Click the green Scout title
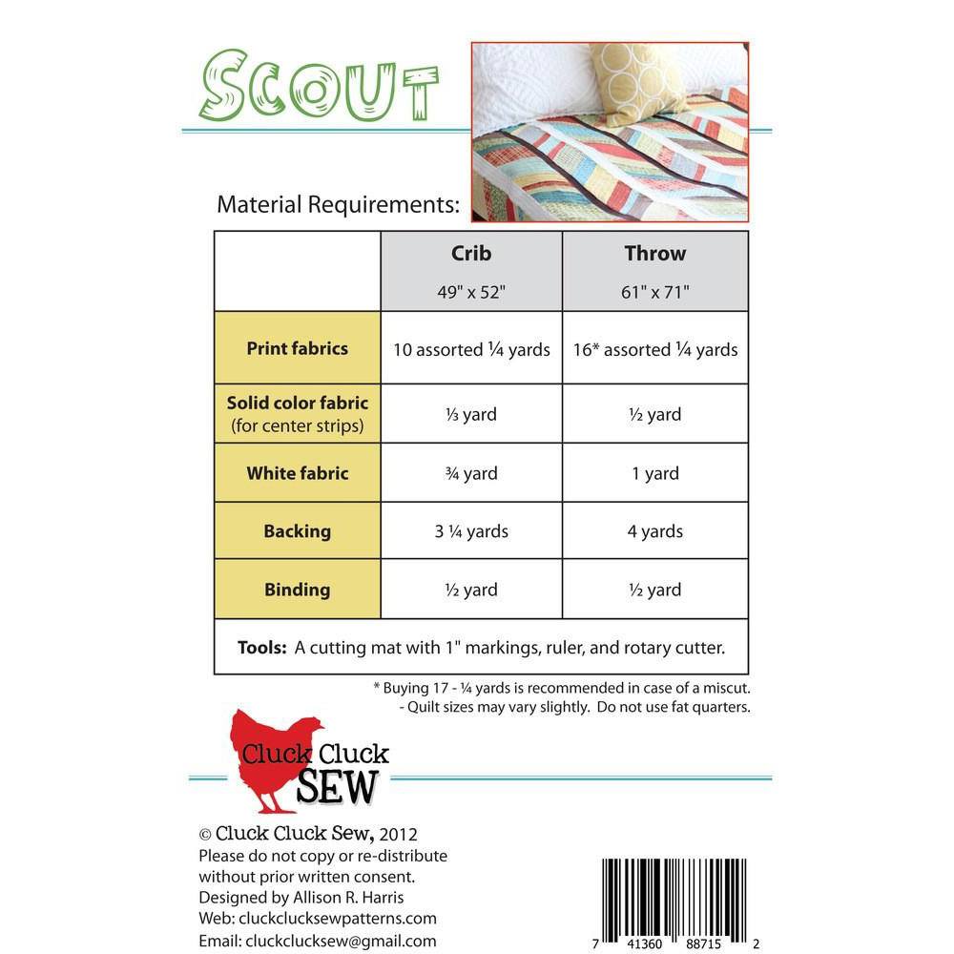(318, 88)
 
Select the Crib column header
(471, 254)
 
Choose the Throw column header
(655, 254)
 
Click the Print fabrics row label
(297, 348)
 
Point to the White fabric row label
(297, 473)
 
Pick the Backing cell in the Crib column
(471, 531)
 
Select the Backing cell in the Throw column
(655, 531)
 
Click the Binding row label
(297, 590)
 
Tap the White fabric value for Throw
(655, 473)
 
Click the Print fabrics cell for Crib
(471, 349)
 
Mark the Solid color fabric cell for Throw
(655, 414)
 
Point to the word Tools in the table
(262, 648)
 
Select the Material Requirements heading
(338, 204)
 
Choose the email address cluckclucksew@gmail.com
(341, 941)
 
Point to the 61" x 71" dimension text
(655, 291)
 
